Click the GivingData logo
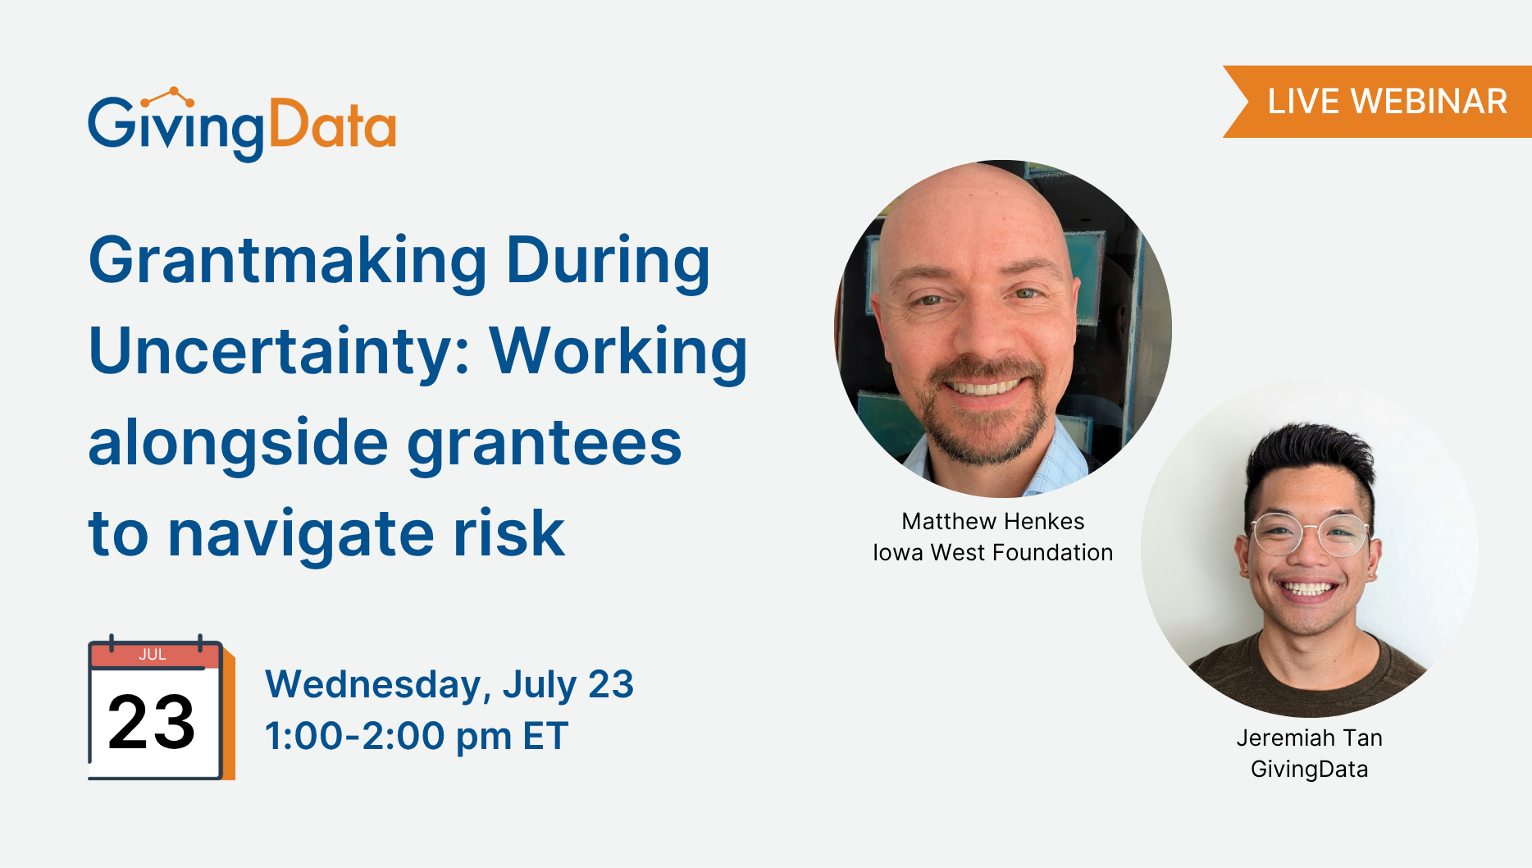coord(242,125)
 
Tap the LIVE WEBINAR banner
coord(1378,102)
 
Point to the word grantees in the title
coord(545,445)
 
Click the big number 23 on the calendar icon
coord(152,722)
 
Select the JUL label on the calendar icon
coord(153,655)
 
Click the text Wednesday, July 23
coord(449,685)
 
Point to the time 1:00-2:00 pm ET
coord(417,736)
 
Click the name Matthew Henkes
coord(993,521)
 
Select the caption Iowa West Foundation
coord(993,552)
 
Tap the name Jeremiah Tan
coord(1310,738)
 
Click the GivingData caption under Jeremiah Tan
coord(1310,770)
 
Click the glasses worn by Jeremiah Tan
coord(1311,535)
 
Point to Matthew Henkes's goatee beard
coord(984,414)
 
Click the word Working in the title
coord(618,353)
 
